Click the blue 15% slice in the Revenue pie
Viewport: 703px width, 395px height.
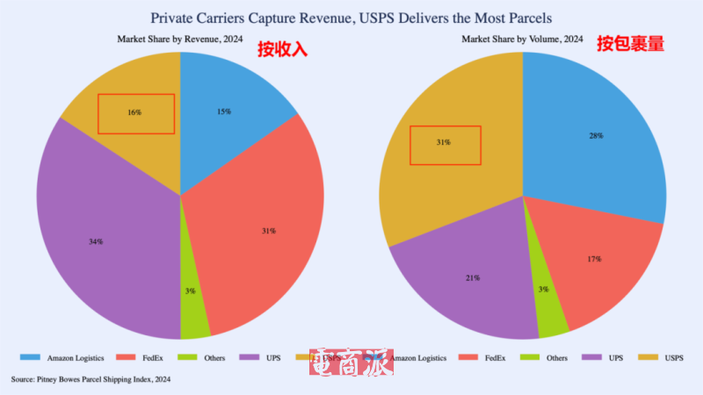coord(224,111)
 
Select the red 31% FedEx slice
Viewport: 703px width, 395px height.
coord(268,231)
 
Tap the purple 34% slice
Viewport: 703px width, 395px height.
coord(96,241)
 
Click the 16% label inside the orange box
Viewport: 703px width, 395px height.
coord(134,112)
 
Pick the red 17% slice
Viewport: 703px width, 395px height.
coord(594,259)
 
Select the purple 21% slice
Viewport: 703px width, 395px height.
coord(473,278)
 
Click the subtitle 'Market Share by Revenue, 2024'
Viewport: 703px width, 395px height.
coord(180,39)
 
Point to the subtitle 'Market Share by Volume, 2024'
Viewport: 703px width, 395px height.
coord(522,39)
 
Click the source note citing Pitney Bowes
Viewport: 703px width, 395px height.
coord(91,380)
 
